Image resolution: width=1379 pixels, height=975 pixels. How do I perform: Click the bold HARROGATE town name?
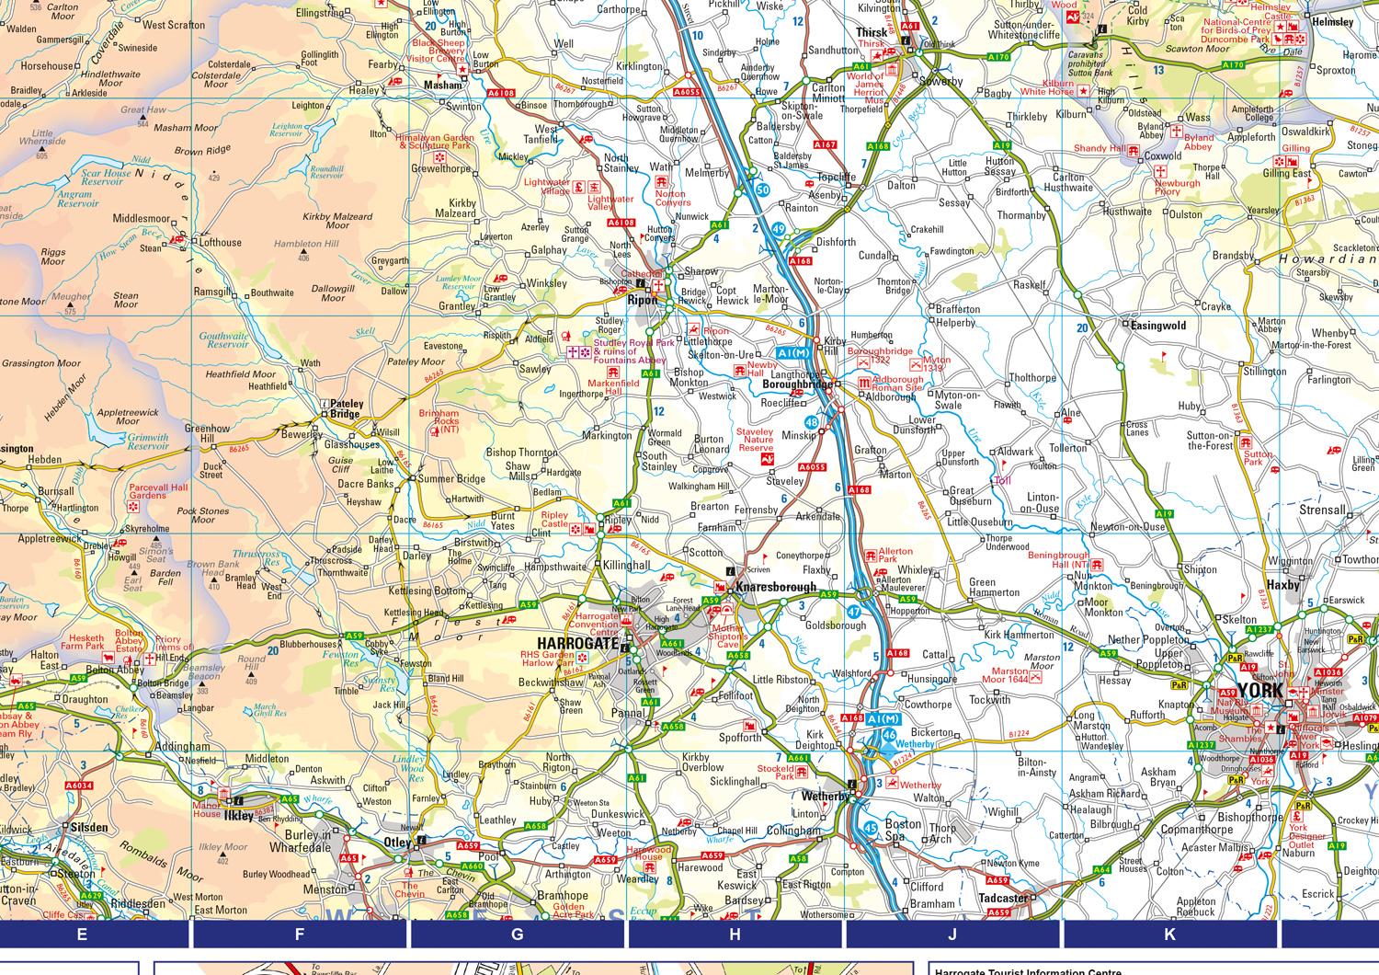pyautogui.click(x=577, y=643)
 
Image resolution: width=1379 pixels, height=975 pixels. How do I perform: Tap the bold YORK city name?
pyautogui.click(x=1259, y=690)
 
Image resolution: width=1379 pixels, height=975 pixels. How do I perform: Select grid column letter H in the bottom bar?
pyautogui.click(x=735, y=935)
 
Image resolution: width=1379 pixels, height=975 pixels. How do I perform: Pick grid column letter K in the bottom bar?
pyautogui.click(x=1169, y=935)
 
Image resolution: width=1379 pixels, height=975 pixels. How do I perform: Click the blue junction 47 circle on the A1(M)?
pyautogui.click(x=855, y=612)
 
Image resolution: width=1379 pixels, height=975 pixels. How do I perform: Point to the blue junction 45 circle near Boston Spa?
pyautogui.click(x=870, y=827)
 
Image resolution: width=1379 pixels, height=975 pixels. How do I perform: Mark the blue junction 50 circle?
pyautogui.click(x=762, y=189)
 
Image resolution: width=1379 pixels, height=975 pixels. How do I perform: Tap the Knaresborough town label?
pyautogui.click(x=775, y=586)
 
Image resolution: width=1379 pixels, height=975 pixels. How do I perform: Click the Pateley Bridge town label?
pyautogui.click(x=347, y=409)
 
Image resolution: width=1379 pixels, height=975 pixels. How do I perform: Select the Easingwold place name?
pyautogui.click(x=1158, y=326)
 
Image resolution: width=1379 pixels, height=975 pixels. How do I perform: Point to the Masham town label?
pyautogui.click(x=442, y=85)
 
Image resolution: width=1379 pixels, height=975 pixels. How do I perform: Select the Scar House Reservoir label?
pyautogui.click(x=106, y=178)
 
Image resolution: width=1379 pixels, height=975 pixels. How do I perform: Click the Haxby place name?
pyautogui.click(x=1283, y=584)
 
